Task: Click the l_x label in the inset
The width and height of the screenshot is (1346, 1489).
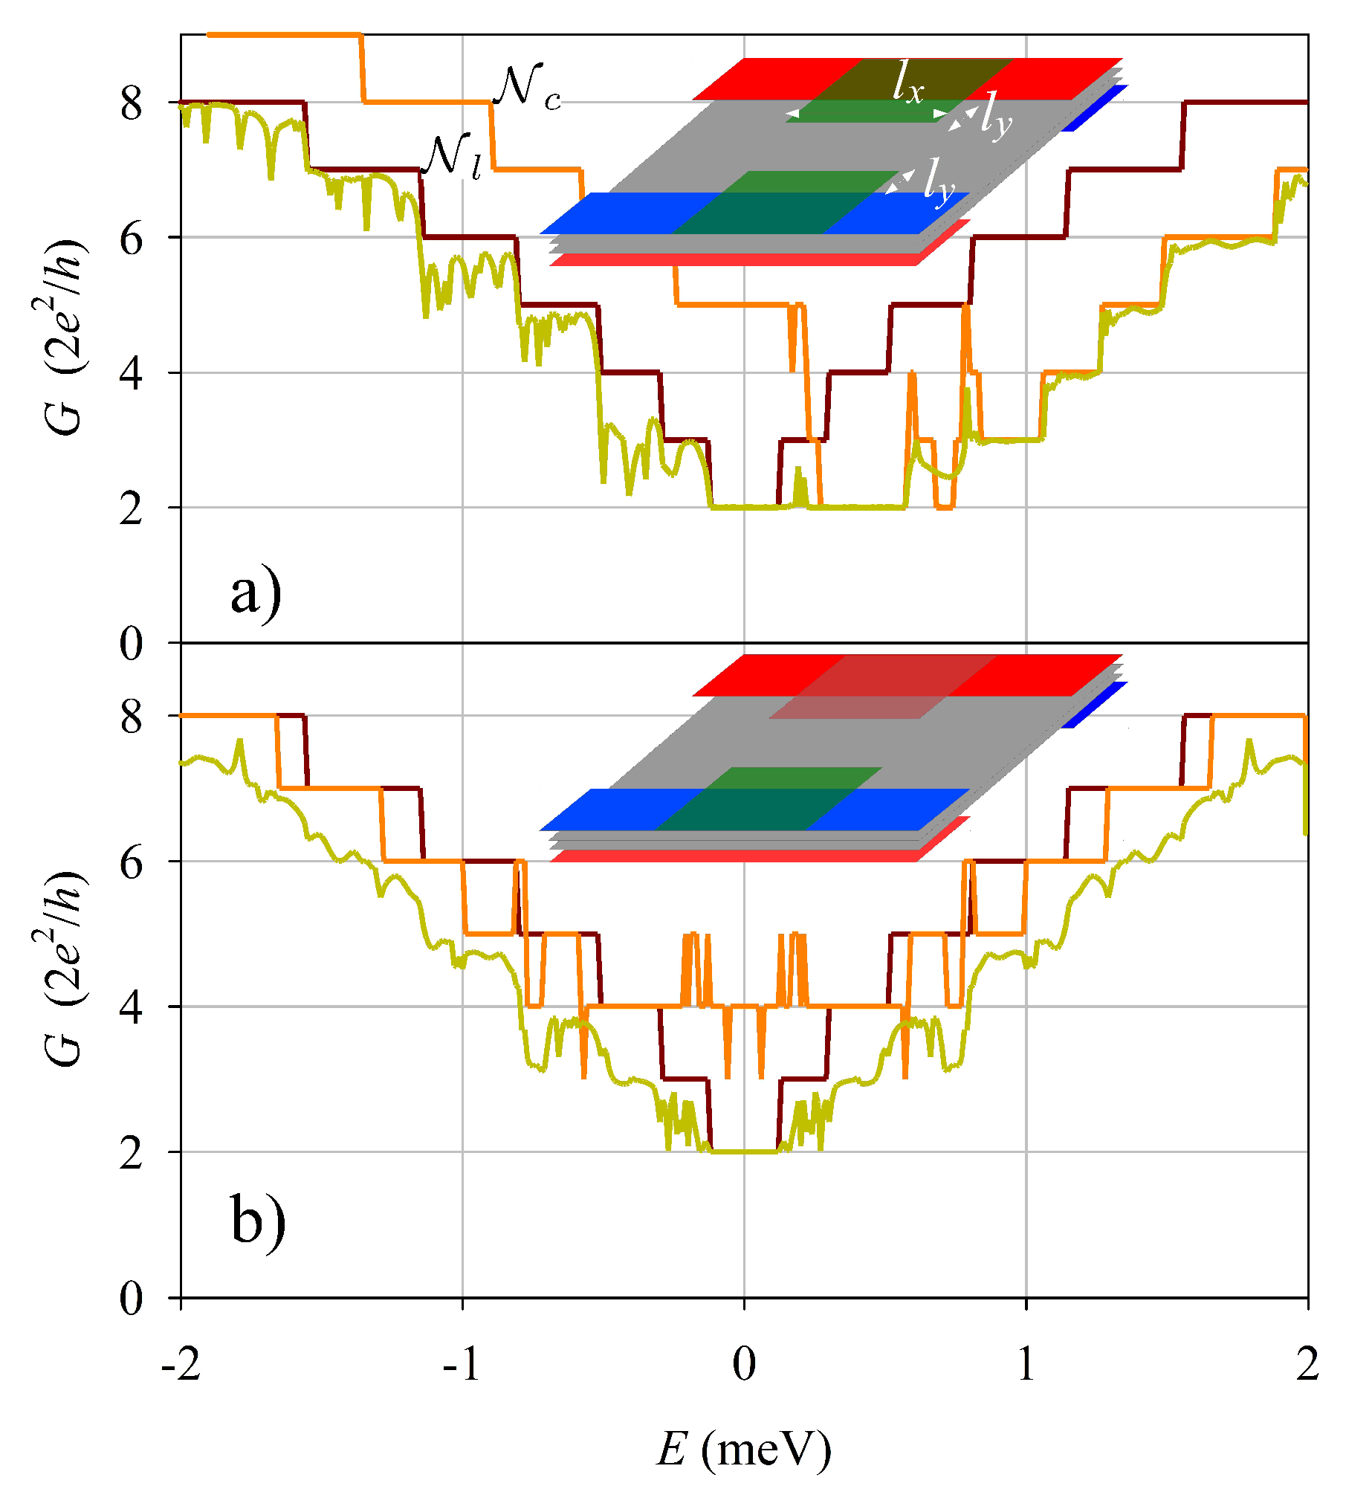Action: click(x=907, y=83)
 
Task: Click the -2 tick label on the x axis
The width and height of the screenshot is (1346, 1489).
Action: click(x=181, y=1364)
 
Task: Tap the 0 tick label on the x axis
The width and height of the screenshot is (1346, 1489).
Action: click(x=744, y=1364)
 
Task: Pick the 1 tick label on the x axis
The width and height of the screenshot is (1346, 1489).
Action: click(x=1026, y=1364)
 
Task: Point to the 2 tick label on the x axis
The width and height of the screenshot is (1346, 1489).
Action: click(x=1307, y=1364)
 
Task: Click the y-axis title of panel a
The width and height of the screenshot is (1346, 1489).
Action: click(x=65, y=338)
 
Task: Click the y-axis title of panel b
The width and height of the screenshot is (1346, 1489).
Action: click(x=65, y=969)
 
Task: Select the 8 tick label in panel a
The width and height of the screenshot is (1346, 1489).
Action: click(x=132, y=103)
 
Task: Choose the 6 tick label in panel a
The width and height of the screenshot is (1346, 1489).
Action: click(x=132, y=238)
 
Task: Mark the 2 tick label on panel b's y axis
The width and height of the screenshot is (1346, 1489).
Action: click(x=132, y=1153)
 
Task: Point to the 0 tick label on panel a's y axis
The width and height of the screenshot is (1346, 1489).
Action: click(x=132, y=643)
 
